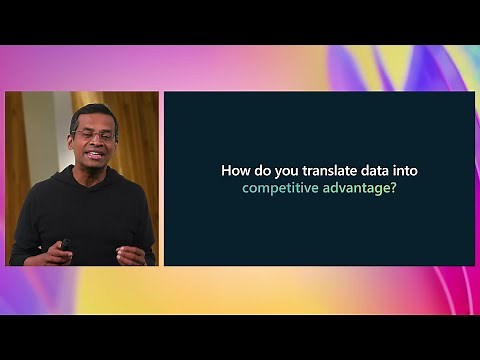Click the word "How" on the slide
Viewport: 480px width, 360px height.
(234, 171)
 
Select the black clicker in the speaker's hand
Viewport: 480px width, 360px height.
(65, 243)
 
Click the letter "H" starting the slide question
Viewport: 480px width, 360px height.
(225, 171)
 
